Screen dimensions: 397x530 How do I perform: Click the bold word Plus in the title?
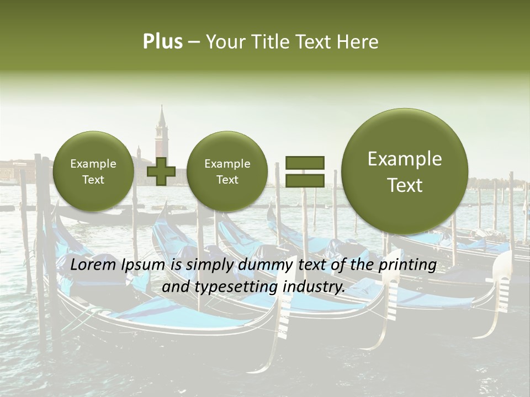[x=162, y=42]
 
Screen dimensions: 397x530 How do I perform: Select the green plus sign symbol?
[x=161, y=171]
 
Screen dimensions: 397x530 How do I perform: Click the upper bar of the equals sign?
[x=305, y=162]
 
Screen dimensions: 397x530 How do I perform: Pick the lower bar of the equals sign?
[x=305, y=180]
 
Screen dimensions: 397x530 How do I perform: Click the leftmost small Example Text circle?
[x=93, y=171]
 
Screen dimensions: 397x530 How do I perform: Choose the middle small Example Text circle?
[x=227, y=171]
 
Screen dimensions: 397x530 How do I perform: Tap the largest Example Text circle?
[x=405, y=171]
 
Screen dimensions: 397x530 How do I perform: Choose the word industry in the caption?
[x=313, y=287]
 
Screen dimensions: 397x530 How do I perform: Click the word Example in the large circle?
[x=405, y=159]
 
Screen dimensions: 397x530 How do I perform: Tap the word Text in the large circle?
[x=405, y=185]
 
